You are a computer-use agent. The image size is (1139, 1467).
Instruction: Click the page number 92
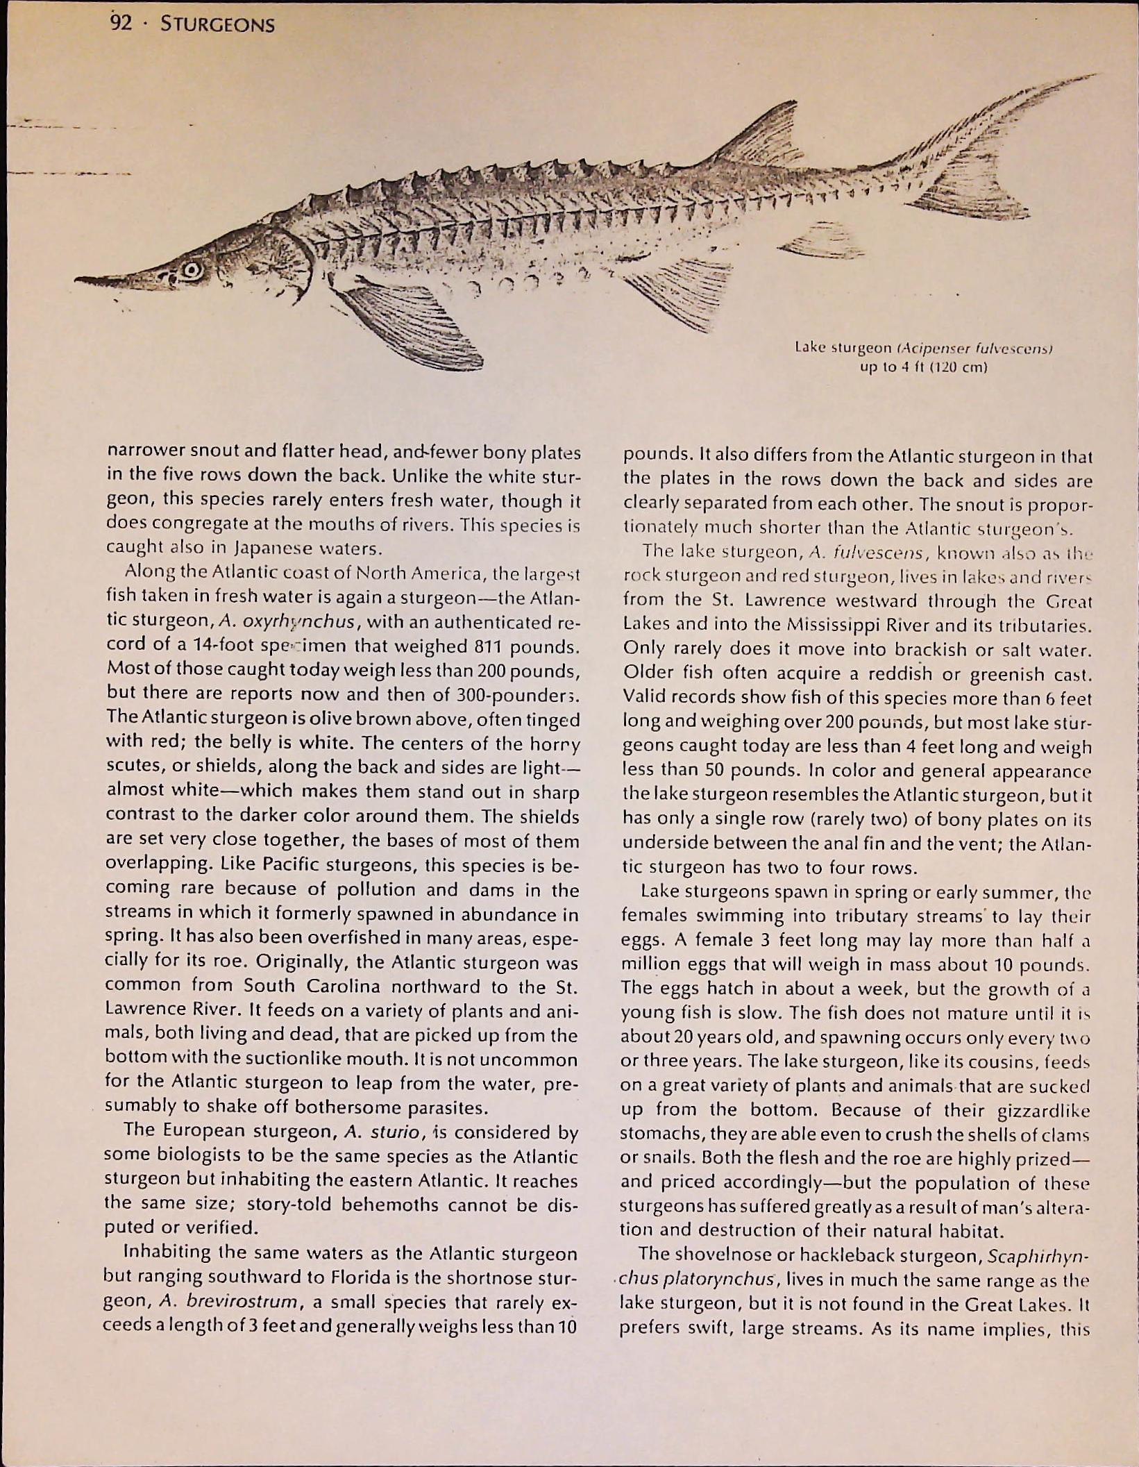pyautogui.click(x=121, y=24)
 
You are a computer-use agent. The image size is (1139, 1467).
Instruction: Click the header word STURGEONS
pyautogui.click(x=217, y=26)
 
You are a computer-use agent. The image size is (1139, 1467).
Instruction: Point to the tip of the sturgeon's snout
pyautogui.click(x=78, y=280)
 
